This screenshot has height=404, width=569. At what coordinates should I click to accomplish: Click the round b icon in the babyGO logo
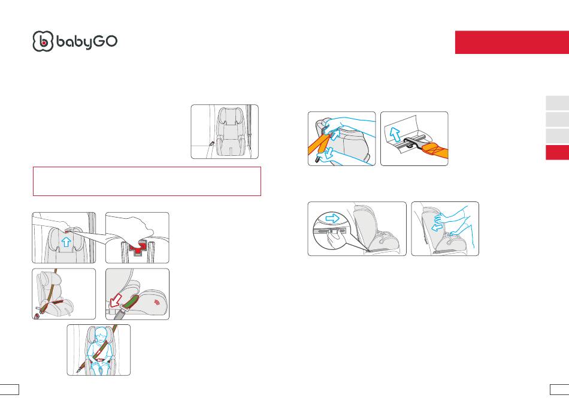click(x=43, y=41)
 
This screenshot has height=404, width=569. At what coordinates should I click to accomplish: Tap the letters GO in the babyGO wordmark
click(x=105, y=41)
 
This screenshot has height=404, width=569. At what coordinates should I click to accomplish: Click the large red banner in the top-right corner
click(x=512, y=42)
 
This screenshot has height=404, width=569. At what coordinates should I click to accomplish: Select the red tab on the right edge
click(x=558, y=152)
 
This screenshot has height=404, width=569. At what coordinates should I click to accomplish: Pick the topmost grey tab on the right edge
click(x=558, y=103)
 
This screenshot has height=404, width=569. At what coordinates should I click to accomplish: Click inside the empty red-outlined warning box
click(x=147, y=181)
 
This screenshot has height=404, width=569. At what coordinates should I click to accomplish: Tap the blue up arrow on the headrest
click(x=66, y=242)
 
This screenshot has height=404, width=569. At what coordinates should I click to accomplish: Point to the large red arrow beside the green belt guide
click(x=116, y=300)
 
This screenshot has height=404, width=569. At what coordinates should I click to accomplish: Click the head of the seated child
click(x=101, y=334)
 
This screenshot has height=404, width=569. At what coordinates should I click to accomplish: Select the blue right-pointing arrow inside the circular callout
click(x=332, y=218)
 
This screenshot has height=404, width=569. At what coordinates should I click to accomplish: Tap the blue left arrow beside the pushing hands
click(x=437, y=227)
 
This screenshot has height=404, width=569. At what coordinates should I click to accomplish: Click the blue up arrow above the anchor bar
click(x=395, y=134)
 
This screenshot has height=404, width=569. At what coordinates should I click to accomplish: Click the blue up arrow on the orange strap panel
click(x=335, y=134)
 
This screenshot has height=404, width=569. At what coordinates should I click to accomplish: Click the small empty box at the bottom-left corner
click(x=9, y=390)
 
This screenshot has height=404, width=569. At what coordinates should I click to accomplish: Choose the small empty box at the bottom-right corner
click(x=559, y=390)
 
